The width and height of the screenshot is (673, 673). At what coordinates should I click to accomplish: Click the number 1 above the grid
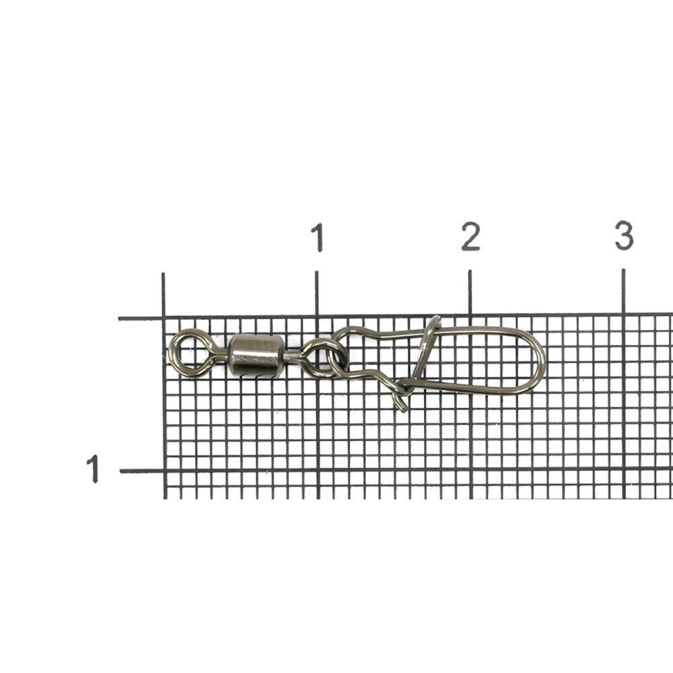click(x=318, y=237)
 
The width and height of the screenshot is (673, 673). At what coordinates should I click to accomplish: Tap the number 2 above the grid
click(x=470, y=236)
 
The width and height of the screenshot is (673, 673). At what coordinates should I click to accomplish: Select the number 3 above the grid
click(x=624, y=235)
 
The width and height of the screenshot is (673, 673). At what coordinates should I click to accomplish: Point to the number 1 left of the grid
click(x=93, y=469)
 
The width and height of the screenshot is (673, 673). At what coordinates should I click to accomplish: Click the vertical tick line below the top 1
click(x=317, y=294)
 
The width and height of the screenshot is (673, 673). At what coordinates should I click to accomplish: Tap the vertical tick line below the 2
click(x=470, y=293)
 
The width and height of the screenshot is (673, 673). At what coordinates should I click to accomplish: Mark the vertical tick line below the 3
click(x=623, y=292)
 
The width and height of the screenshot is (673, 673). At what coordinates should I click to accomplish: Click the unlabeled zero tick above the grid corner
click(x=163, y=295)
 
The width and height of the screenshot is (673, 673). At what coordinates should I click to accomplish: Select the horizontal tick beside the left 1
click(x=141, y=471)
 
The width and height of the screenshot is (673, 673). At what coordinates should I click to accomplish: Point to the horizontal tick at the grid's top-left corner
click(x=141, y=318)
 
